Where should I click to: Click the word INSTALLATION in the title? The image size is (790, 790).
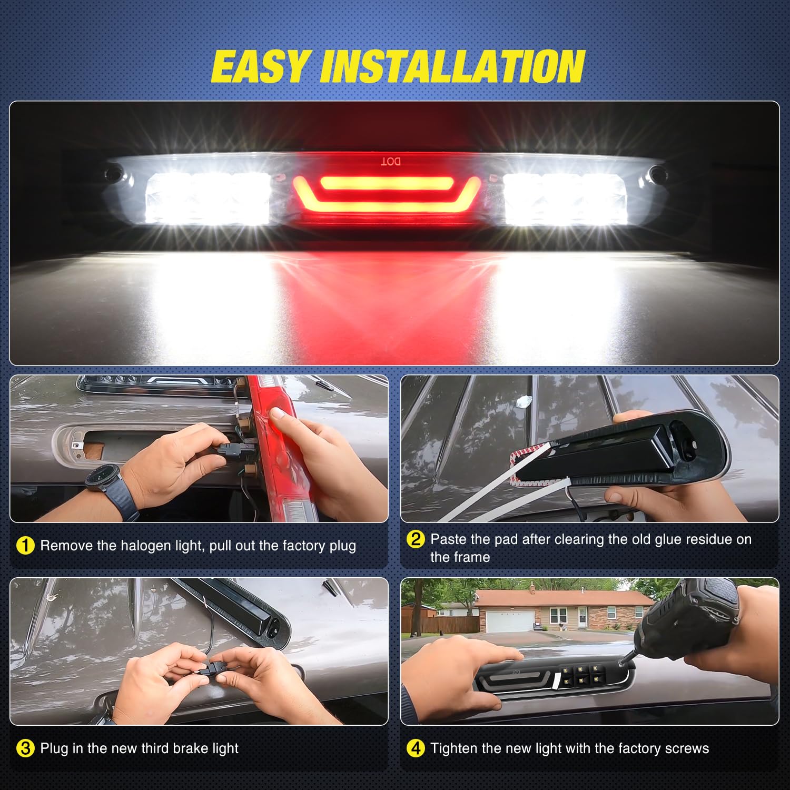(x=453, y=67)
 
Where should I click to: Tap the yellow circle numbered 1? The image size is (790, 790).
(x=25, y=546)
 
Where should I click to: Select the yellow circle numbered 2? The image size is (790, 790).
(x=416, y=539)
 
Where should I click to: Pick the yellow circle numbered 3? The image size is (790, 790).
(x=25, y=748)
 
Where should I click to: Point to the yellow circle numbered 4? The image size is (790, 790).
(x=416, y=748)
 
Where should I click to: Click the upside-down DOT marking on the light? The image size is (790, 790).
(x=390, y=161)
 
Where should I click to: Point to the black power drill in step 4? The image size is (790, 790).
(x=685, y=621)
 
